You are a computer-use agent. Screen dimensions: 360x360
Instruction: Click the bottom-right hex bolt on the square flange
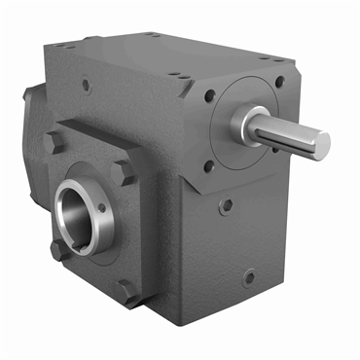[x=126, y=289]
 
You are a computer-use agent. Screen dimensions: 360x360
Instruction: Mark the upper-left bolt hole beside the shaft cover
[x=209, y=96]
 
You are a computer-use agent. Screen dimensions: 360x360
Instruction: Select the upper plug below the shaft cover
[x=226, y=206]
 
